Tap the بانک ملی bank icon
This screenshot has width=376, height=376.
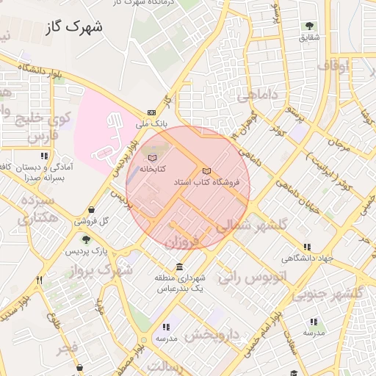(152, 112)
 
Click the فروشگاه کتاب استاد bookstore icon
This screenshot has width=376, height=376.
(206, 171)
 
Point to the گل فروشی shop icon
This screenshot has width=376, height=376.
(90, 210)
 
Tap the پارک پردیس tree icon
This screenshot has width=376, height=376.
(86, 239)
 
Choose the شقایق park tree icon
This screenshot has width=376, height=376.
(307, 26)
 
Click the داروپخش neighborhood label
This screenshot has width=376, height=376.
(212, 334)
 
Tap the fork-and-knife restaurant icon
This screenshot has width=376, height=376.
(39, 280)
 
